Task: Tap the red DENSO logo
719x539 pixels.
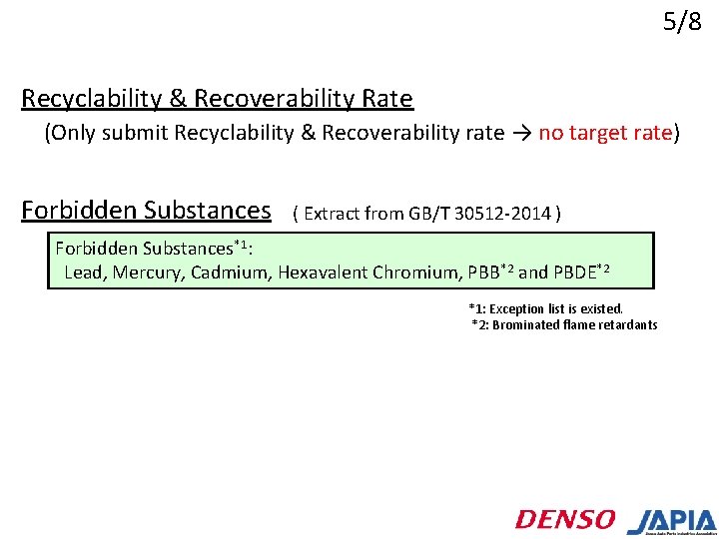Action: (565, 519)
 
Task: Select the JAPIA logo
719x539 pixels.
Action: (671, 521)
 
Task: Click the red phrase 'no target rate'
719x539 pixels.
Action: (605, 134)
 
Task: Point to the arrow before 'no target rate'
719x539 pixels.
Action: (521, 134)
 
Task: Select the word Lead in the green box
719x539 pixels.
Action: (84, 271)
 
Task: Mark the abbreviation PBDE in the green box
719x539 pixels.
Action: (575, 271)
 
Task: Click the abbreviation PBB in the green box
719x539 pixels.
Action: (485, 271)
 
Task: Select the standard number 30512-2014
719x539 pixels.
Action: (505, 213)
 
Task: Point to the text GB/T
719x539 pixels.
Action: (430, 213)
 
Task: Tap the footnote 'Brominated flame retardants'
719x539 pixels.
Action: (575, 324)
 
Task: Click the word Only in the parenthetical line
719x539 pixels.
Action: (74, 134)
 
